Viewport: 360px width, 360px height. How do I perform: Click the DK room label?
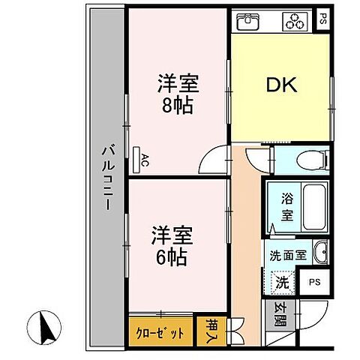click(282, 85)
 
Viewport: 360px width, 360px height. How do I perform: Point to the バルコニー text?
click(107, 180)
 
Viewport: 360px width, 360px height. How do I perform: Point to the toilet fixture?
click(307, 159)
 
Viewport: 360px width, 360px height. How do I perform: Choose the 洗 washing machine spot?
click(280, 283)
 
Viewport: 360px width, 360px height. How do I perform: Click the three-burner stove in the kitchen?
click(294, 23)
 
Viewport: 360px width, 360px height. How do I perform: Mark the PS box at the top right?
click(322, 19)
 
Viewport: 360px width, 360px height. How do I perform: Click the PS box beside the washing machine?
click(314, 283)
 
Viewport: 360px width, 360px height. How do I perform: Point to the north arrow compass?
click(45, 326)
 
